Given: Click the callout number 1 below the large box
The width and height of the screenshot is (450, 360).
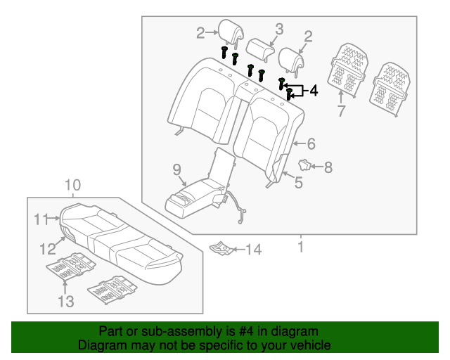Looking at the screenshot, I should click(300, 247).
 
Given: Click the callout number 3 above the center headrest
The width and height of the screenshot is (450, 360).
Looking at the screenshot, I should click(278, 29).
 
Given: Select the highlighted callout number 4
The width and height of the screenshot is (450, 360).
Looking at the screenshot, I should click(313, 90).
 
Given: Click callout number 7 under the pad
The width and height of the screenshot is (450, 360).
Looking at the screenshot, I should click(340, 110).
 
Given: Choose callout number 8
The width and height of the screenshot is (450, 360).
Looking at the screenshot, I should click(328, 167).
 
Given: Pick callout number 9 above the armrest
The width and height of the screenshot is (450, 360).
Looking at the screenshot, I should click(176, 169).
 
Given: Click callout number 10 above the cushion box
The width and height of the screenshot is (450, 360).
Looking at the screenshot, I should click(73, 186).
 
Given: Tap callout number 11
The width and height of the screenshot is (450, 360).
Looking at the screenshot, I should click(40, 220).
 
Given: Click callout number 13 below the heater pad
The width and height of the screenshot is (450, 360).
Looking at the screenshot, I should click(65, 302).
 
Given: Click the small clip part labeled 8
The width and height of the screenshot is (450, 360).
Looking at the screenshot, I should click(306, 165).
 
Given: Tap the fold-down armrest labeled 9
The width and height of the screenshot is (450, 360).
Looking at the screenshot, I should click(193, 199).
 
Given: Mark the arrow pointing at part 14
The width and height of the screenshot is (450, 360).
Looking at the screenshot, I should click(238, 249).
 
